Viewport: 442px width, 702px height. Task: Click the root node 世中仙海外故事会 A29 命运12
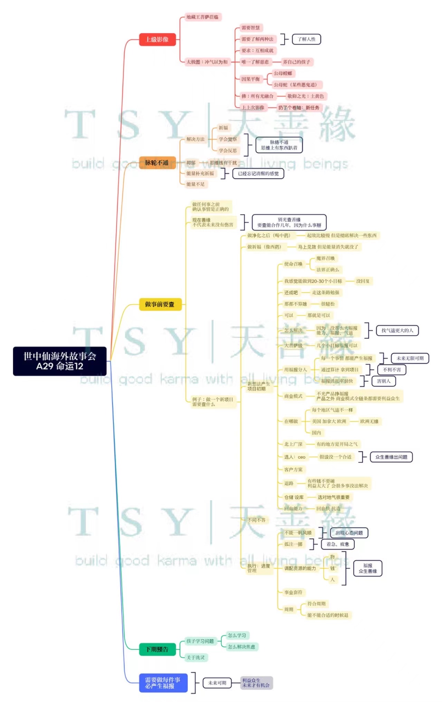60,361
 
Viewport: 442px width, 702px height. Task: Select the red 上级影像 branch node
157,39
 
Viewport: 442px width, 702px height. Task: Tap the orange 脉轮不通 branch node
157,163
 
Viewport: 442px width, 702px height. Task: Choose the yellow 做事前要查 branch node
160,304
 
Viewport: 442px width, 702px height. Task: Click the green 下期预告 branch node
157,649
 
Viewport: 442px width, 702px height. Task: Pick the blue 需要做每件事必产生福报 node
163,683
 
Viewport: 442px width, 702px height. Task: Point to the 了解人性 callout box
307,39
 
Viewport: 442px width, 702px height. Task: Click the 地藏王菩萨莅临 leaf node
202,17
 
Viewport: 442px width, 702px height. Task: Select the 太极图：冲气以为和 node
207,62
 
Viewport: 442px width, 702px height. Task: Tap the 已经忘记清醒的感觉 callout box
258,173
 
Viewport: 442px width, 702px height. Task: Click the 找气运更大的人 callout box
397,330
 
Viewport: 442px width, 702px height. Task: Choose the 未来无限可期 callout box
410,358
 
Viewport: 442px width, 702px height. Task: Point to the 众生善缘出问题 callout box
391,457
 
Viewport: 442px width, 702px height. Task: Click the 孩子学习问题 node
200,641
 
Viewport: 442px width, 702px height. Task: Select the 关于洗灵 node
195,657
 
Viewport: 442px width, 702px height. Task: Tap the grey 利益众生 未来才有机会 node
256,683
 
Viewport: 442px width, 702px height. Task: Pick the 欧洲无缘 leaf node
369,421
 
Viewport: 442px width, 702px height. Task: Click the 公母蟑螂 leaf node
283,73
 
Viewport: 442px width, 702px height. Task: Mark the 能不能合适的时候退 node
328,615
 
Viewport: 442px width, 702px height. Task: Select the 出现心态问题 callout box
349,533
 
